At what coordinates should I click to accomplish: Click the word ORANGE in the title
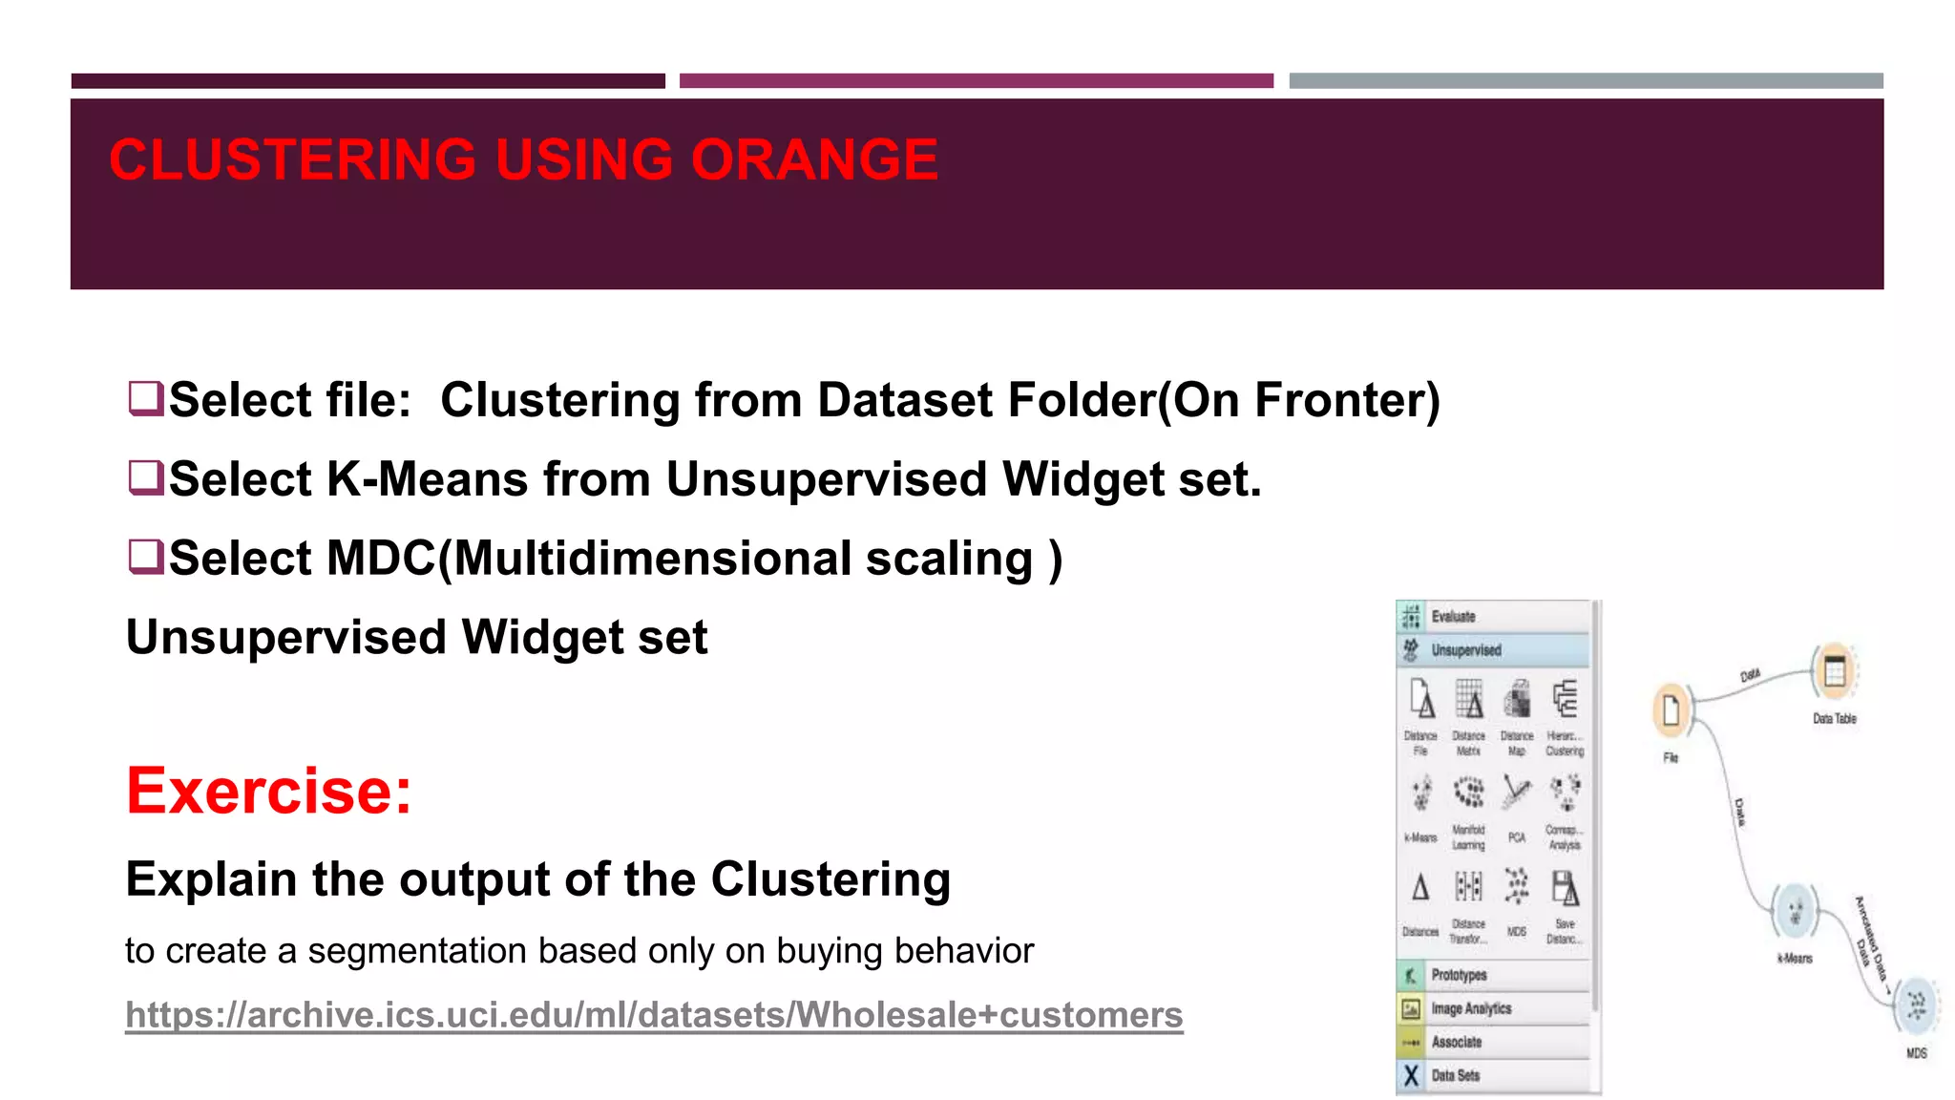(x=813, y=159)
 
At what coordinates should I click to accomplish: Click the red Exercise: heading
(x=269, y=791)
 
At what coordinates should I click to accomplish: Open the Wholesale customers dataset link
(x=654, y=1014)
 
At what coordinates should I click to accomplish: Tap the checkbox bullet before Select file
(x=145, y=398)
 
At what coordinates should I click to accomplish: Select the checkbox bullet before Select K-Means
(x=145, y=477)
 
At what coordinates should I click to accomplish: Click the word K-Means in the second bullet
(x=427, y=478)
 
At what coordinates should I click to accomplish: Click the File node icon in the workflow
(x=1671, y=711)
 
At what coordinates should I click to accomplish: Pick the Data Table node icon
(x=1834, y=671)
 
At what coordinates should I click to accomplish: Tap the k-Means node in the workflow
(x=1795, y=911)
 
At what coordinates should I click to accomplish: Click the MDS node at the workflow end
(x=1916, y=1005)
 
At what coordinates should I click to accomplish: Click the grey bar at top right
(x=1586, y=81)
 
